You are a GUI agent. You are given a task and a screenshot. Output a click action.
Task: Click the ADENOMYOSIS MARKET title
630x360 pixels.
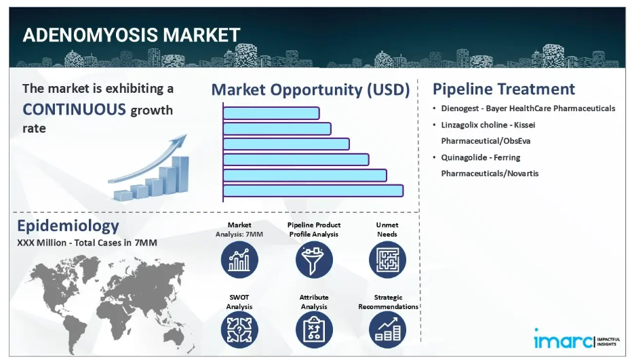point(132,35)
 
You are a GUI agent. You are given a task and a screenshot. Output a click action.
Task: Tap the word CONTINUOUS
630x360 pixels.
point(75,109)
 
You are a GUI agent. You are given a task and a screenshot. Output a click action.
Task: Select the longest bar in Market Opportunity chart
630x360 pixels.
point(313,191)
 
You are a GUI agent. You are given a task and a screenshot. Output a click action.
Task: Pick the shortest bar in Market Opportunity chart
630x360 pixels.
point(271,113)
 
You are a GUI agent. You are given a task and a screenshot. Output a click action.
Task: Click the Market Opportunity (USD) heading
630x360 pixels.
point(311,89)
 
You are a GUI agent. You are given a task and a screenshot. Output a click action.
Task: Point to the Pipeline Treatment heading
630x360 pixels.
point(504,89)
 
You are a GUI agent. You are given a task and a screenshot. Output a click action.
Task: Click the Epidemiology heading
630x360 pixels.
point(68,226)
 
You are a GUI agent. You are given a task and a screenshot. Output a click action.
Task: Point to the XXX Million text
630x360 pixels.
point(41,243)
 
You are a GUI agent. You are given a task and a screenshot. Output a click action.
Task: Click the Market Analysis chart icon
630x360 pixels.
point(239,260)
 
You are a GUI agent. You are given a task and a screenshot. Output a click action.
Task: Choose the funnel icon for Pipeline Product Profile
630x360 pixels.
point(314,260)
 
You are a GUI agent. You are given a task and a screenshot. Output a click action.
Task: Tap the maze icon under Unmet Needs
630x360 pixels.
point(387,260)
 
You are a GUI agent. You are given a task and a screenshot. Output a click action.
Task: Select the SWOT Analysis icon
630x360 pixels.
point(239,330)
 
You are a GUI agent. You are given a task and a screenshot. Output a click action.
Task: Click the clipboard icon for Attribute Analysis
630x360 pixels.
point(314,330)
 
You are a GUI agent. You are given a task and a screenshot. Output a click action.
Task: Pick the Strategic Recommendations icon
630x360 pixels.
point(387,330)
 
